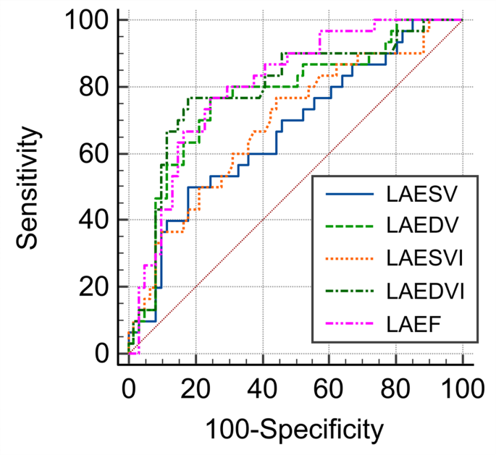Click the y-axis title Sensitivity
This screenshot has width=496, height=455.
click(x=28, y=187)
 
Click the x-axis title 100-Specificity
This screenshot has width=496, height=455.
click(x=294, y=430)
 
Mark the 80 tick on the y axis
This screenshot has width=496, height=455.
click(x=94, y=87)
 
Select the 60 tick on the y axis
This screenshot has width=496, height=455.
click(x=94, y=153)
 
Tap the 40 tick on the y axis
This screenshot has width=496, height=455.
click(x=94, y=220)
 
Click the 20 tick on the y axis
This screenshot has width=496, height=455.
click(x=94, y=287)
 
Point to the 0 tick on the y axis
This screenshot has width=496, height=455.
click(x=102, y=354)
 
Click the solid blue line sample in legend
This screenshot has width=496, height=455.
click(x=348, y=195)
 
